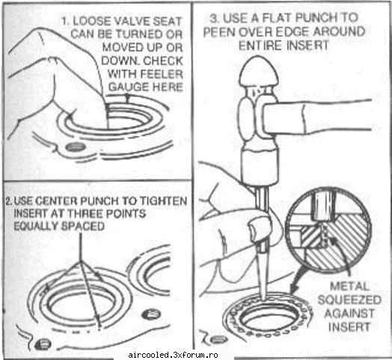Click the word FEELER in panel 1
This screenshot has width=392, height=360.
[x=162, y=74]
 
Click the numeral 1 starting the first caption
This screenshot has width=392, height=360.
[x=65, y=21]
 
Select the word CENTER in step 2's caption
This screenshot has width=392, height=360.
[x=56, y=201]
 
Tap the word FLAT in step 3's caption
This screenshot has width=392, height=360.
[x=277, y=18]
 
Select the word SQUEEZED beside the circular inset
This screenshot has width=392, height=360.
[x=349, y=300]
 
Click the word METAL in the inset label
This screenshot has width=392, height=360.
[x=349, y=287]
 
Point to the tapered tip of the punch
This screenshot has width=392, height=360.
[x=263, y=296]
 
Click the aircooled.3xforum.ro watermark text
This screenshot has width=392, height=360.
[x=173, y=355]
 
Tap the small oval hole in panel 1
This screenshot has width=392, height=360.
[x=75, y=147]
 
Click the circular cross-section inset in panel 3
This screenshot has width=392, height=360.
[x=328, y=230]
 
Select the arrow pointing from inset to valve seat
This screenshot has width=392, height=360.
[x=298, y=279]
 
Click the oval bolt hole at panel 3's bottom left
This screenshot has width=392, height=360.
[x=218, y=340]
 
